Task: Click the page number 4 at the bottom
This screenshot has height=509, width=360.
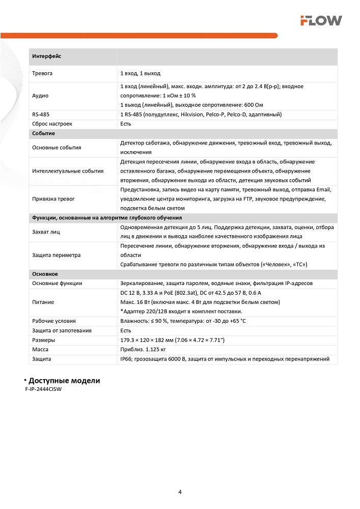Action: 180,492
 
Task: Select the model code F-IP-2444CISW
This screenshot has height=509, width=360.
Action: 46,389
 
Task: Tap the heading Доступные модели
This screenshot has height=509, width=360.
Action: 64,381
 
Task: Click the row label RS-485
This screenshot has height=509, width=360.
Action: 41,115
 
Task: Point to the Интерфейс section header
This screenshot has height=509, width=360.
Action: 46,56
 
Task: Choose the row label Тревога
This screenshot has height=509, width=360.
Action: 42,73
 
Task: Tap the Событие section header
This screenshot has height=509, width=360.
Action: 43,133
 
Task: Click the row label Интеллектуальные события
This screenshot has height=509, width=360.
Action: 67,171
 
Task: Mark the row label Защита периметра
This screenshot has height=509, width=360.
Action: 56,255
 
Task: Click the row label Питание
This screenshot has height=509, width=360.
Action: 43,302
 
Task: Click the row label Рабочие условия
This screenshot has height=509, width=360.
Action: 53,321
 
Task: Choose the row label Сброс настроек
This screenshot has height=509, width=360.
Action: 52,124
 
